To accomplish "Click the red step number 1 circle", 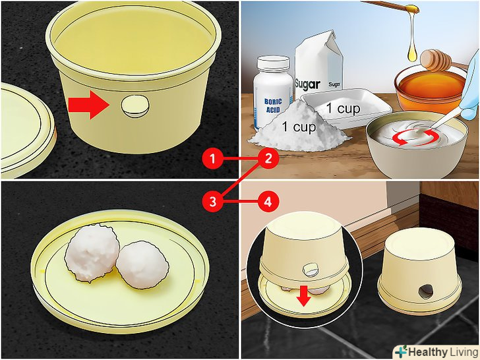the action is coord(213,158).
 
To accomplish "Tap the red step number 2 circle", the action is coord(268,158).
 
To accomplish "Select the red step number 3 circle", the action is coord(213,202).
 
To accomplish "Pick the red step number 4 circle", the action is coord(268,202).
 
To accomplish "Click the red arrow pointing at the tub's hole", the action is coord(89,105).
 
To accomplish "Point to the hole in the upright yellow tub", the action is coord(135,106).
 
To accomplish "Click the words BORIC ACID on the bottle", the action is coord(273,105).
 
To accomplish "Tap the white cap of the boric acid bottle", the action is coord(273,63).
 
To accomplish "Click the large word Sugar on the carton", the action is coord(307,84).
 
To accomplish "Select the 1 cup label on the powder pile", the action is coord(299,127).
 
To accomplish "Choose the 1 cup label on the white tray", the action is coord(343,108).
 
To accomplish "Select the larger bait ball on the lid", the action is coord(92,253).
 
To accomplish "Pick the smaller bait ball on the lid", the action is coord(142,265).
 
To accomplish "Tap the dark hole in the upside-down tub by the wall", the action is coord(425,291).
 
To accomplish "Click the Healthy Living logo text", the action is coord(438,352).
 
